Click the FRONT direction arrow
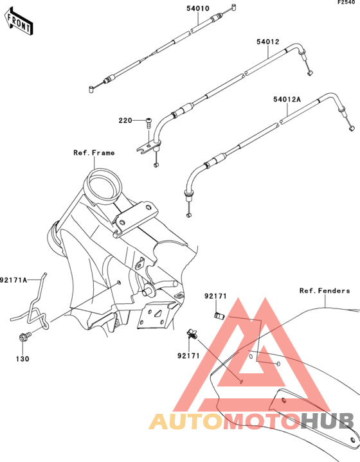(18, 22)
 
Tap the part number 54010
(198, 8)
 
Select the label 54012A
(287, 100)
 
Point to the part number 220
(125, 121)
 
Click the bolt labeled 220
(149, 123)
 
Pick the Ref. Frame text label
(94, 153)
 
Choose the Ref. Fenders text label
(325, 291)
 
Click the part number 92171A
(14, 280)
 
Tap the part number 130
(22, 359)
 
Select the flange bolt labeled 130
(24, 337)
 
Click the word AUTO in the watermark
(185, 422)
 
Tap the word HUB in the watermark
(327, 422)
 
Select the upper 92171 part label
(215, 296)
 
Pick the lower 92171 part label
(188, 356)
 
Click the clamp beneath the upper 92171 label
(219, 315)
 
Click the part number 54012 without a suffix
(267, 42)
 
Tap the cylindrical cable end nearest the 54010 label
(234, 7)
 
